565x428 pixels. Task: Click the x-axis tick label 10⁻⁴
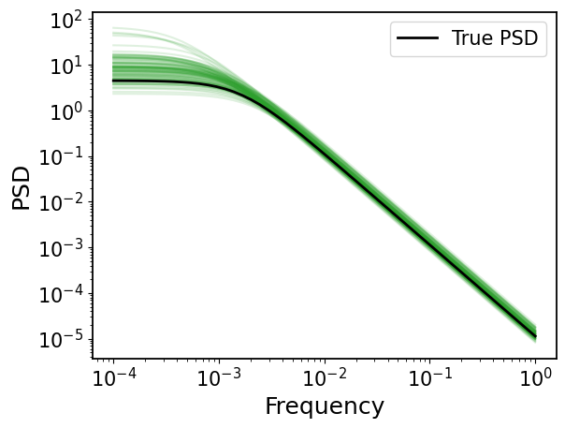click(114, 377)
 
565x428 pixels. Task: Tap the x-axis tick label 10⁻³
click(220, 377)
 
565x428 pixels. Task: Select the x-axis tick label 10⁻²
click(325, 377)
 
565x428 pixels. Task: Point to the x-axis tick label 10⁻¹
click(430, 377)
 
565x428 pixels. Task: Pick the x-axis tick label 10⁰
click(536, 377)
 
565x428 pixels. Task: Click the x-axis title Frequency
click(325, 406)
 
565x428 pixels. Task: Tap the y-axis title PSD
click(21, 187)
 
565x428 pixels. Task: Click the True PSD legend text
click(495, 37)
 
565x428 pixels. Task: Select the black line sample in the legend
click(417, 37)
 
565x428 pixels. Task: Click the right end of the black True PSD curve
click(536, 337)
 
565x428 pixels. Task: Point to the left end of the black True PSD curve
click(113, 81)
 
